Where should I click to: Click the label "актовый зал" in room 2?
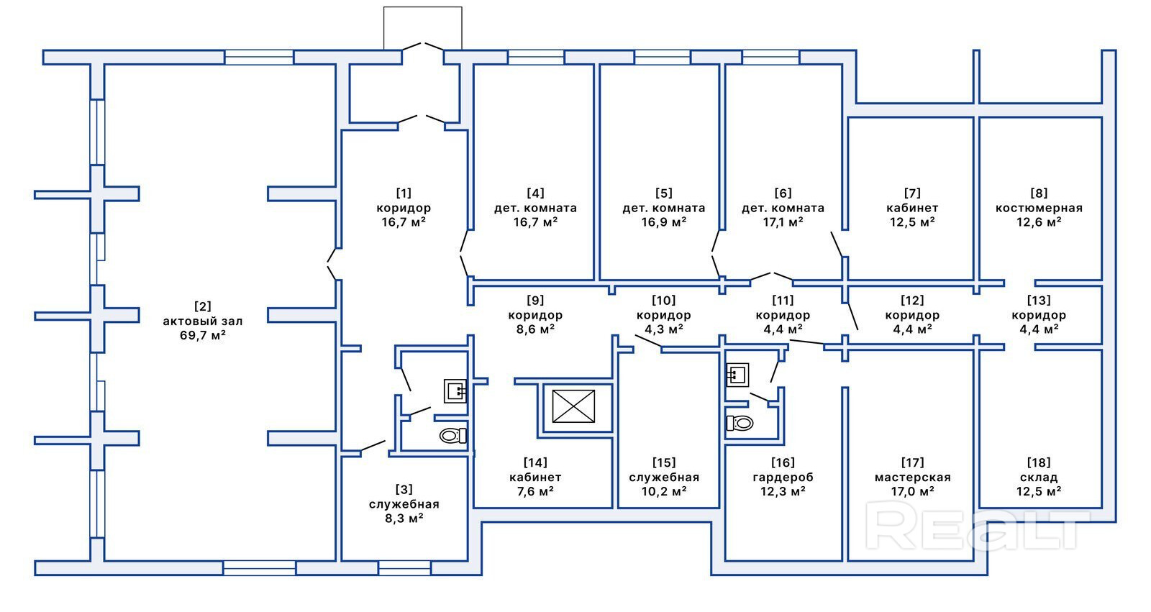[202, 321]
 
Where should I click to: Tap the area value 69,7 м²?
[202, 336]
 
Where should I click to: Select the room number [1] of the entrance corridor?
[404, 193]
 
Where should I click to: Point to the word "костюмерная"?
[1039, 208]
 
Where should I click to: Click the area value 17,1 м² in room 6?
[783, 222]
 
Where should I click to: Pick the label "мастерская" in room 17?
[913, 478]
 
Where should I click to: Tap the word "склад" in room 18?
[1039, 478]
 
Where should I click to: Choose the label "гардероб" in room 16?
[783, 478]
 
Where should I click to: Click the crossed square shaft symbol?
[573, 406]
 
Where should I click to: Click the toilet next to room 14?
[452, 436]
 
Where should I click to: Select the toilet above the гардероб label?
[740, 423]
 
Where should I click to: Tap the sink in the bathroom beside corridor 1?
[455, 391]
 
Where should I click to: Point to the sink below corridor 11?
[737, 375]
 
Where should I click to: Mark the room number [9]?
[535, 300]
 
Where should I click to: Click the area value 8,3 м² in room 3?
[404, 518]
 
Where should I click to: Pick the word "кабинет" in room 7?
[912, 208]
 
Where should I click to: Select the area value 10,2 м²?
[664, 491]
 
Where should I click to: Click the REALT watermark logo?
[976, 525]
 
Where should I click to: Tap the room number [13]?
[1039, 300]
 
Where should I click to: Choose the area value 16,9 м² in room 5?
[664, 222]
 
